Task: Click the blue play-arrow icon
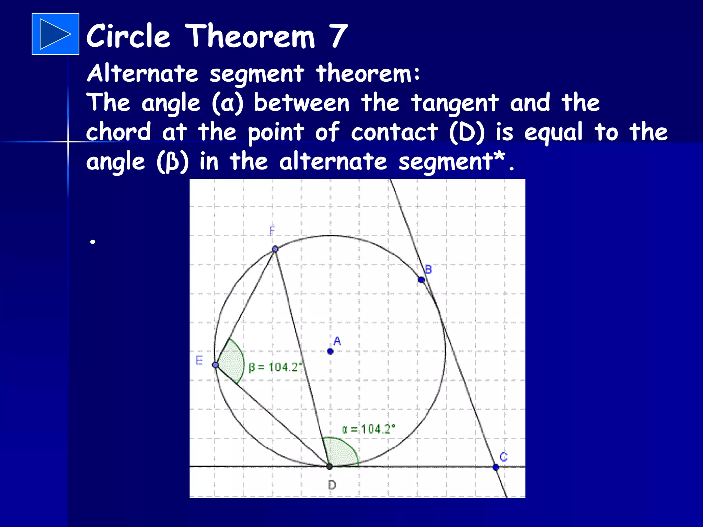[x=55, y=34]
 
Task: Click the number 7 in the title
[x=338, y=36]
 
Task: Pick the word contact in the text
[x=394, y=132]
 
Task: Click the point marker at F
[x=275, y=249]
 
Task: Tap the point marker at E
[x=215, y=365]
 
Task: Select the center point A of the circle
[x=330, y=351]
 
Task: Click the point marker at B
[x=421, y=280]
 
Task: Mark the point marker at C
[x=496, y=467]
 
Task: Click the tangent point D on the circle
[x=329, y=466]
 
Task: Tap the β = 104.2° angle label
[x=275, y=367]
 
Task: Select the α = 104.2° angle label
[x=368, y=429]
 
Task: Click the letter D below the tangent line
[x=332, y=485]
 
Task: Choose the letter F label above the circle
[x=272, y=231]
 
